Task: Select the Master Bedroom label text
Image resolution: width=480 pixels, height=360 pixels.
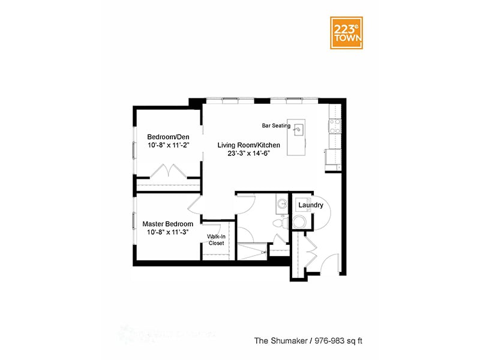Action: (x=167, y=224)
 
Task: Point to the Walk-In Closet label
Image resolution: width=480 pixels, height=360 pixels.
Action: (x=216, y=239)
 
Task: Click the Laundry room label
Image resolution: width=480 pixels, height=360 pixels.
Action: (x=311, y=205)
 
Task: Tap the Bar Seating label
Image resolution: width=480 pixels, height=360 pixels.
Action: (x=276, y=126)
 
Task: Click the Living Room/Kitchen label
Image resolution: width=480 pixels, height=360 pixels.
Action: (x=248, y=145)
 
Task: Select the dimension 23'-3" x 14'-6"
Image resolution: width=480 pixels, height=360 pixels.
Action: (x=248, y=154)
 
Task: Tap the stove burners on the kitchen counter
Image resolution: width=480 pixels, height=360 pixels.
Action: (x=334, y=125)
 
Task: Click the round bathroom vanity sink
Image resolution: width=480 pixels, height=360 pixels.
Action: (x=281, y=203)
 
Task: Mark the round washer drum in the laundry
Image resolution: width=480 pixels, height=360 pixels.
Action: (x=299, y=222)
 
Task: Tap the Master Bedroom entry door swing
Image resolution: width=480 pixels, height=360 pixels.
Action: (x=196, y=205)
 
